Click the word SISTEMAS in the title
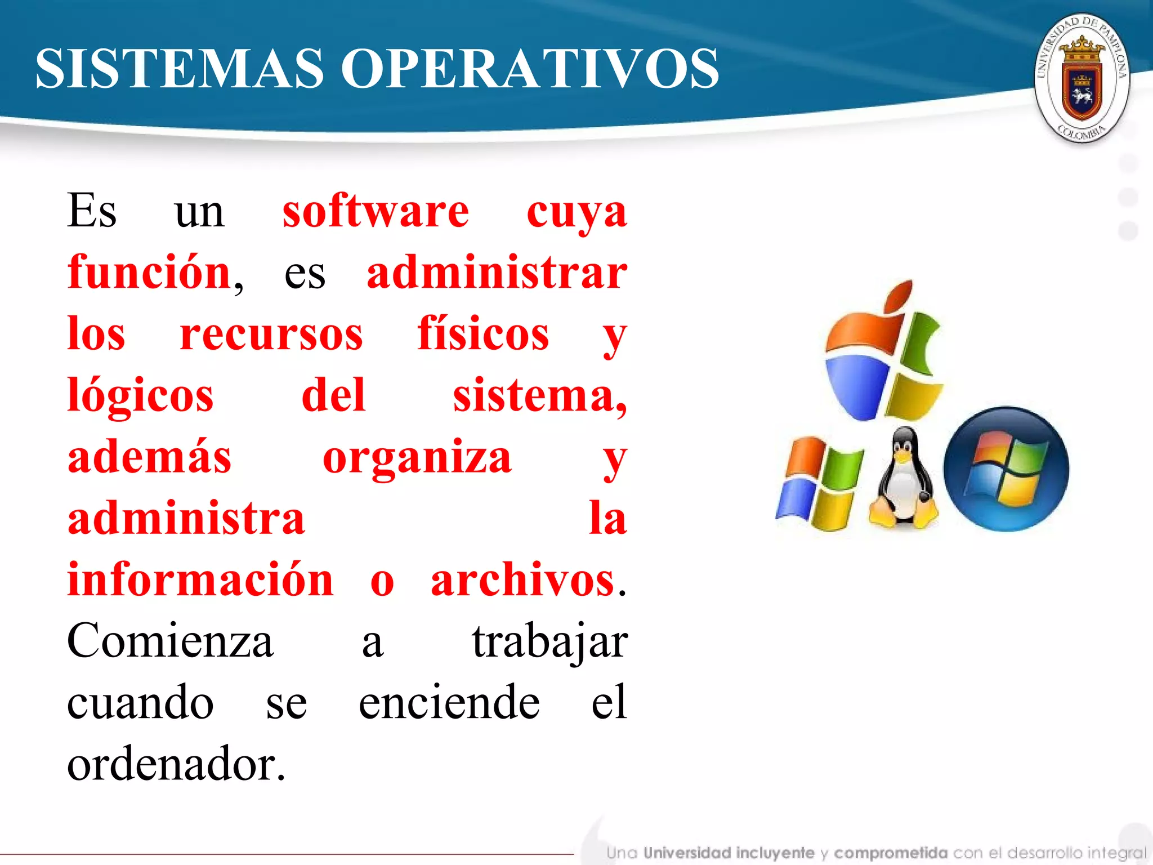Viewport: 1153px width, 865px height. (x=180, y=69)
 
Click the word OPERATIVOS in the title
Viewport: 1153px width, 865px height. (x=530, y=69)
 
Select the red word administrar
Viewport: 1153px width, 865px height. (x=497, y=273)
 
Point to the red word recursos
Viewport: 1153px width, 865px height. (x=271, y=335)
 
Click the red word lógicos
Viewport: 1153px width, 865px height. (x=141, y=396)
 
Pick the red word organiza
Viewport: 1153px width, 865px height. (x=417, y=458)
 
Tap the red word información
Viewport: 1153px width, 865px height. (x=200, y=580)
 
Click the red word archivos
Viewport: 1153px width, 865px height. (x=522, y=580)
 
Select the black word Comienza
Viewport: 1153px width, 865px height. (x=170, y=641)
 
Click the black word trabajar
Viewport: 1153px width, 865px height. (x=549, y=641)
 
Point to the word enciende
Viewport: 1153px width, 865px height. (x=449, y=703)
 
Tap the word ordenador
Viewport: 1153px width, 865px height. (x=176, y=764)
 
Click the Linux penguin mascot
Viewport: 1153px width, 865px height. (x=904, y=479)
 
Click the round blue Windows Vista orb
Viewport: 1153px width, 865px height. (x=1006, y=469)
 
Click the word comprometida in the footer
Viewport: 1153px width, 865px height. (x=891, y=853)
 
